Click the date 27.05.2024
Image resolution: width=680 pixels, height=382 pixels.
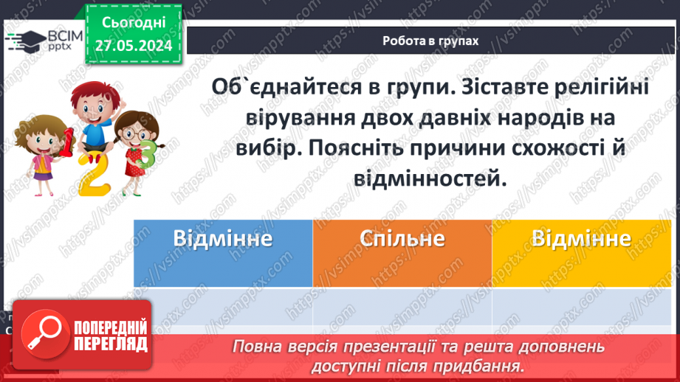pyautogui.click(x=134, y=46)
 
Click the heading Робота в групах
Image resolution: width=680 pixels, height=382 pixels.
pyautogui.click(x=430, y=41)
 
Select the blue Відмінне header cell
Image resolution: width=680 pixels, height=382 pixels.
pyautogui.click(x=223, y=240)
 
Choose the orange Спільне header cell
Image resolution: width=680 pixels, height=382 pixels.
pyautogui.click(x=402, y=240)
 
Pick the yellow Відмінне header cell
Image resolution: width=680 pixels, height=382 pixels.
pyautogui.click(x=581, y=240)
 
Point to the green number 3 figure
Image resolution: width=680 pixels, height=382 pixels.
pyautogui.click(x=147, y=156)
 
